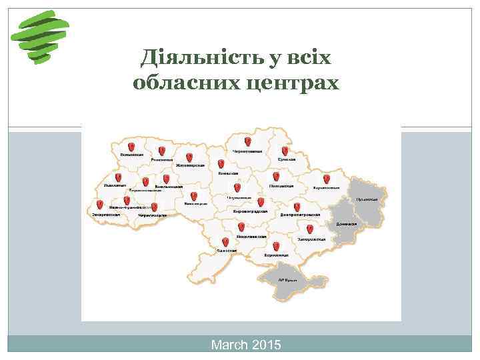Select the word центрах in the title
(x=299, y=83)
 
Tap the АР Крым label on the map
(x=287, y=281)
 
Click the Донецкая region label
(x=346, y=224)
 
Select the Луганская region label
(x=367, y=198)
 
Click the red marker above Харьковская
(x=326, y=179)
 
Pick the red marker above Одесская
(x=225, y=241)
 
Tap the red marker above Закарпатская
(x=99, y=205)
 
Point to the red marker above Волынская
(x=131, y=146)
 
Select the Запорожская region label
(x=311, y=239)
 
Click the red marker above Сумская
(x=285, y=152)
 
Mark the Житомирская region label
(x=189, y=165)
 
